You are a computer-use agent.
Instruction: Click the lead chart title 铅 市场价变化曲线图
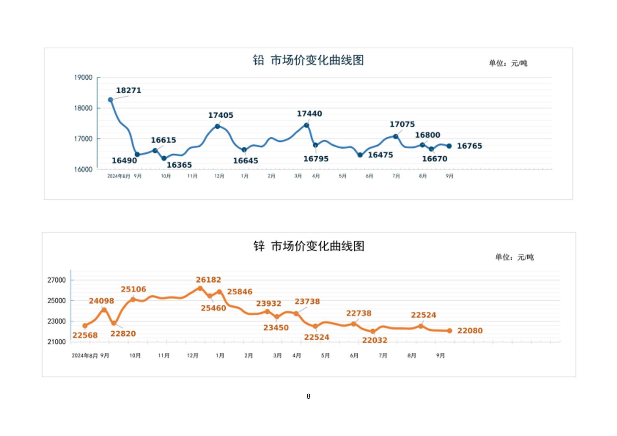pyautogui.click(x=308, y=60)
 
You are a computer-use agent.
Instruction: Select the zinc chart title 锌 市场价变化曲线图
pyautogui.click(x=308, y=246)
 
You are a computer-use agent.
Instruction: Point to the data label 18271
pyautogui.click(x=128, y=91)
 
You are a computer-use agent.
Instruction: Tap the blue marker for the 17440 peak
pyautogui.click(x=306, y=125)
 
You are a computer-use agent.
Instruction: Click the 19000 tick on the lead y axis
pyautogui.click(x=83, y=78)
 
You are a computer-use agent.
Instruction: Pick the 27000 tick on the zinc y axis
pyautogui.click(x=56, y=280)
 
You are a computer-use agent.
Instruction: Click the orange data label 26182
pyautogui.click(x=208, y=280)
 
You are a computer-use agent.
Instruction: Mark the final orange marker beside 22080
pyautogui.click(x=449, y=331)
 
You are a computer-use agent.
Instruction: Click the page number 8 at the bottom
pyautogui.click(x=308, y=396)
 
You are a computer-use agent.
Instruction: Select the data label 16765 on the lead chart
pyautogui.click(x=469, y=146)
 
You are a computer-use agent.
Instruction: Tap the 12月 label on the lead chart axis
pyautogui.click(x=219, y=176)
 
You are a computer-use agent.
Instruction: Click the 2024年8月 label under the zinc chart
pyautogui.click(x=84, y=356)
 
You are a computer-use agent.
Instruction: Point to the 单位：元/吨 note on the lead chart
pyautogui.click(x=508, y=63)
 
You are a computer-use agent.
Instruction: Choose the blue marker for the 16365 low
pyautogui.click(x=164, y=159)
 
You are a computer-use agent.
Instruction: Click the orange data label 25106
pyautogui.click(x=133, y=289)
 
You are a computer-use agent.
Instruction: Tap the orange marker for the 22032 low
pyautogui.click(x=373, y=332)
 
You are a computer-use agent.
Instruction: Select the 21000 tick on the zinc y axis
pyautogui.click(x=56, y=342)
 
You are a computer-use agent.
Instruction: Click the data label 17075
pyautogui.click(x=402, y=124)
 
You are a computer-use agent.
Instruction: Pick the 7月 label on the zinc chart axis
pyautogui.click(x=383, y=356)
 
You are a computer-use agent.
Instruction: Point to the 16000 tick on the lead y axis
pyautogui.click(x=83, y=169)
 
